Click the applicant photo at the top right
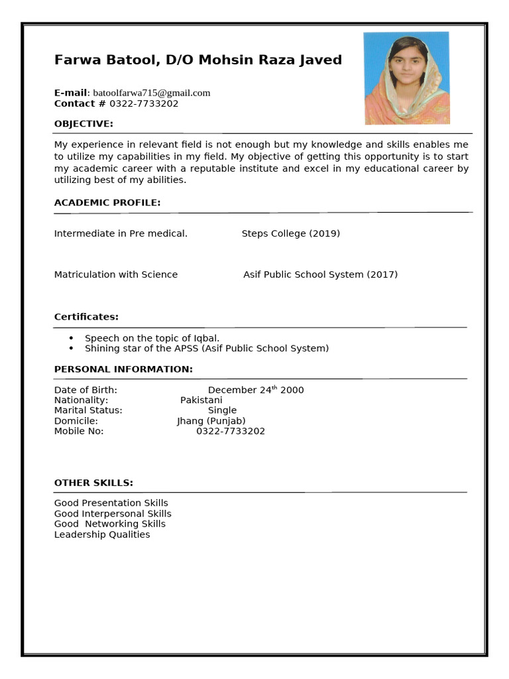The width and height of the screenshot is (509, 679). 406,78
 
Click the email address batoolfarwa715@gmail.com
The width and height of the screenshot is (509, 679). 151,93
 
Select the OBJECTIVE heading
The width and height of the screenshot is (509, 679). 84,124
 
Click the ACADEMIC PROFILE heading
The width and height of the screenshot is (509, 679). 107,202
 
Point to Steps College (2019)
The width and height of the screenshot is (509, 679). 290,233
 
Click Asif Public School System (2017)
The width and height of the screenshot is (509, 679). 320,275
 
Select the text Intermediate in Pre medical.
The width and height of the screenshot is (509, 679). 121,233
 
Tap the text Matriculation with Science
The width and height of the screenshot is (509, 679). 116,275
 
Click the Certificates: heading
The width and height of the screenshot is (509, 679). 86,317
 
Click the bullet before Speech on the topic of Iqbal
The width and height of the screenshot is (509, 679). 71,338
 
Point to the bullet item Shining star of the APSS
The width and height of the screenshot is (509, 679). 206,348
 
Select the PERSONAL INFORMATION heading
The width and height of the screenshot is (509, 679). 123,369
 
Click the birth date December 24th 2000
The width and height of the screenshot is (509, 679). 256,390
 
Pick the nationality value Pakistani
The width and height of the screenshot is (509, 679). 201,401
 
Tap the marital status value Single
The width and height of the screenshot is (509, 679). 222,410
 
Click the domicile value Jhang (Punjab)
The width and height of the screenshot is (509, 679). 211,421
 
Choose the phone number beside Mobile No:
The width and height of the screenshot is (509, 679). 231,431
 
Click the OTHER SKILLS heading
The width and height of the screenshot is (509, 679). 93,483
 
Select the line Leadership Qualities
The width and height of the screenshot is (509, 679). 102,534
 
